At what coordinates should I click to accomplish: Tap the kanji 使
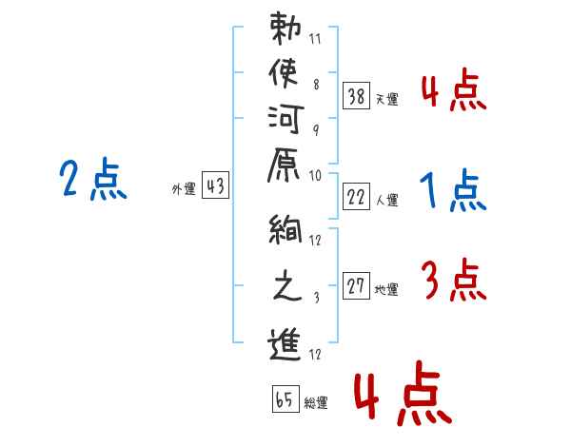[x=287, y=74]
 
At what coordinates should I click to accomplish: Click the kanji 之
[x=287, y=288]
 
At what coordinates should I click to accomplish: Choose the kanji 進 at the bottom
[x=287, y=344]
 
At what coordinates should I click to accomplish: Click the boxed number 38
[x=357, y=95]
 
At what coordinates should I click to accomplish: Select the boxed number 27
[x=357, y=285]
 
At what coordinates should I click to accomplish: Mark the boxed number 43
[x=215, y=186]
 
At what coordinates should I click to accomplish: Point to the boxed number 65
[x=285, y=399]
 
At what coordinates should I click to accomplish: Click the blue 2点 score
[x=93, y=181]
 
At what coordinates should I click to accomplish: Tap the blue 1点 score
[x=453, y=192]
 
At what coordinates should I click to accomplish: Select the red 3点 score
[x=453, y=281]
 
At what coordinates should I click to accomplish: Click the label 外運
[x=184, y=189]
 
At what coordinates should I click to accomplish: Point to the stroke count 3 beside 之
[x=315, y=299]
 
